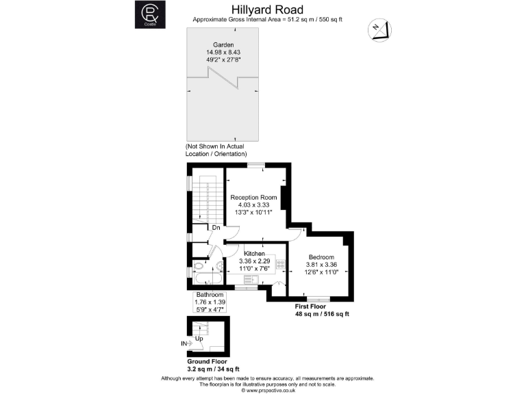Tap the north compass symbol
click(379, 30)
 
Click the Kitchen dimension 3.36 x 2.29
click(255, 261)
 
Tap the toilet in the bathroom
click(199, 267)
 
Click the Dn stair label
click(216, 227)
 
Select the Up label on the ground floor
click(199, 339)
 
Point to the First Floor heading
click(310, 307)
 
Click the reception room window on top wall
click(256, 166)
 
